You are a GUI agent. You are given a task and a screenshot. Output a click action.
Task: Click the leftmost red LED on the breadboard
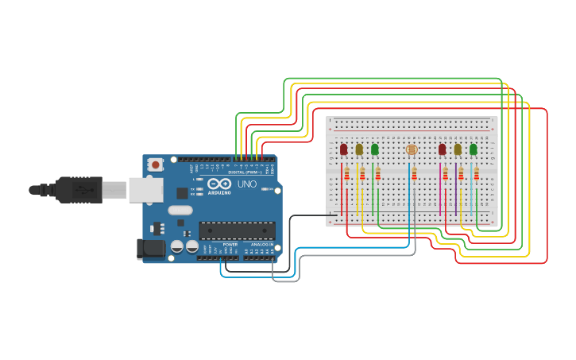click(343, 149)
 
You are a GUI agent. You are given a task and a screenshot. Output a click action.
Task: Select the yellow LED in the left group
click(359, 149)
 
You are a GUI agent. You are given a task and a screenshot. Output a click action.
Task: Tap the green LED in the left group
click(375, 149)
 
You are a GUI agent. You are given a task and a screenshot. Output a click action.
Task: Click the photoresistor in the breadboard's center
click(411, 149)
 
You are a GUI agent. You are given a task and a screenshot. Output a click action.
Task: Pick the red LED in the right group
click(442, 149)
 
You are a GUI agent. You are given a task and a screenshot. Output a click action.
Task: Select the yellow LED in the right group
click(458, 149)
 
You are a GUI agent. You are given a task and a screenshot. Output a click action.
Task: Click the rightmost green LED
click(474, 149)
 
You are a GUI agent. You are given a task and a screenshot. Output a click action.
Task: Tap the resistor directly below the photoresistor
click(414, 173)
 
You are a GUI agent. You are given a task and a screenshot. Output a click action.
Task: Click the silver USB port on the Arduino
click(145, 190)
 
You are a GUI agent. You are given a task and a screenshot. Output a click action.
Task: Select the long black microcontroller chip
click(237, 230)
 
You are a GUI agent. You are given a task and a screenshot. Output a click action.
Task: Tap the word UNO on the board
click(246, 184)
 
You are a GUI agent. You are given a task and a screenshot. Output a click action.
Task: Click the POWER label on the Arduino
click(230, 245)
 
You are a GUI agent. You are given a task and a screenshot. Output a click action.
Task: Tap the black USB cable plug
click(79, 190)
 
